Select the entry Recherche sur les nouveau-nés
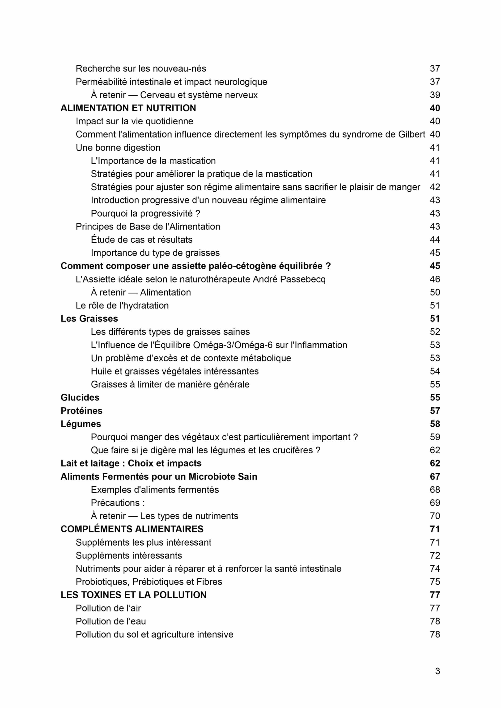pyautogui.click(x=141, y=68)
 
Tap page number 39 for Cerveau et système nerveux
pyautogui.click(x=435, y=95)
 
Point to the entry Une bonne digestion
pyautogui.click(x=118, y=148)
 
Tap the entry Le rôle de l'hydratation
pyautogui.click(x=122, y=306)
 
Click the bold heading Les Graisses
pyautogui.click(x=89, y=319)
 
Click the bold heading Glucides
pyautogui.click(x=80, y=397)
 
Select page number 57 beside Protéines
pyautogui.click(x=435, y=411)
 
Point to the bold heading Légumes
pyautogui.click(x=81, y=424)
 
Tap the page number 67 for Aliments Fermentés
pyautogui.click(x=435, y=477)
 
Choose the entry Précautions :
pyautogui.click(x=118, y=503)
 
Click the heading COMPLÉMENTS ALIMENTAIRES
pyautogui.click(x=132, y=529)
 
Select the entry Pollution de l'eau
pyautogui.click(x=111, y=621)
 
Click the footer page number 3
pyautogui.click(x=437, y=671)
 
